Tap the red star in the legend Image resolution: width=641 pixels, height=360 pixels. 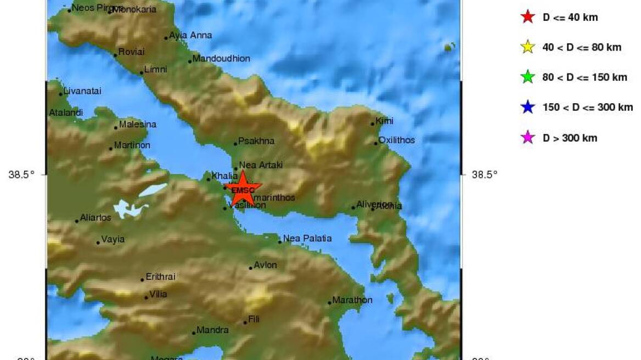[x=527, y=17]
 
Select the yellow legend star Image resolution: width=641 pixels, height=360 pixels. [x=527, y=47]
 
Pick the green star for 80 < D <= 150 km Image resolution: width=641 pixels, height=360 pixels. [x=527, y=77]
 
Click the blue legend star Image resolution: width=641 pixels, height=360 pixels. [x=527, y=108]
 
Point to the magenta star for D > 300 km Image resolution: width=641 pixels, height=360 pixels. [x=527, y=138]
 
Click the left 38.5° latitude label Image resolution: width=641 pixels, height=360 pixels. [x=21, y=175]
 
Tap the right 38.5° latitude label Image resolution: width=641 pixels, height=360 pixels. [x=485, y=175]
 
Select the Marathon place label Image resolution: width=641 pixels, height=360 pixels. [x=352, y=300]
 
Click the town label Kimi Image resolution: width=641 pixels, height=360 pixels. [x=384, y=121]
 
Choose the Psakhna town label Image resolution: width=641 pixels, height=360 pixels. [x=256, y=141]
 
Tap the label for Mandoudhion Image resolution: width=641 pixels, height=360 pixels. [x=221, y=59]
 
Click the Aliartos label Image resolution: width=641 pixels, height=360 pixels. [x=95, y=218]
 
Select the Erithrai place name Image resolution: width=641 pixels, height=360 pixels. [x=160, y=277]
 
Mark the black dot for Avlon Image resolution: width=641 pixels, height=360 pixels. [x=251, y=268]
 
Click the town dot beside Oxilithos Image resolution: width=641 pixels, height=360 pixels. [x=376, y=143]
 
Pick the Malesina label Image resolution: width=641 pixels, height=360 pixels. [x=137, y=125]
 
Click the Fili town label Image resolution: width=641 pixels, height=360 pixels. [x=254, y=319]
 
